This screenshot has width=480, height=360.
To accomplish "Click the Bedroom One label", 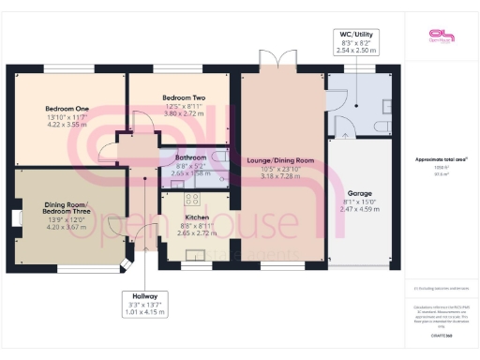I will coord(67,109).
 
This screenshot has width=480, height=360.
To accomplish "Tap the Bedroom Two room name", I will coord(178,97).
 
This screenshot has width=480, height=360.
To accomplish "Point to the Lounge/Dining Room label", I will coord(280,160).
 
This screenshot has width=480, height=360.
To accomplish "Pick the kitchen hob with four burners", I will coord(194,199).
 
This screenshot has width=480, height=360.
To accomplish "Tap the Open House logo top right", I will coord(439,36).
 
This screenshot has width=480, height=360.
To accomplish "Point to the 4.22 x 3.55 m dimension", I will coord(67,125).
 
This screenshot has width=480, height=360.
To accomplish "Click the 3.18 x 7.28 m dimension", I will coord(280,175).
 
